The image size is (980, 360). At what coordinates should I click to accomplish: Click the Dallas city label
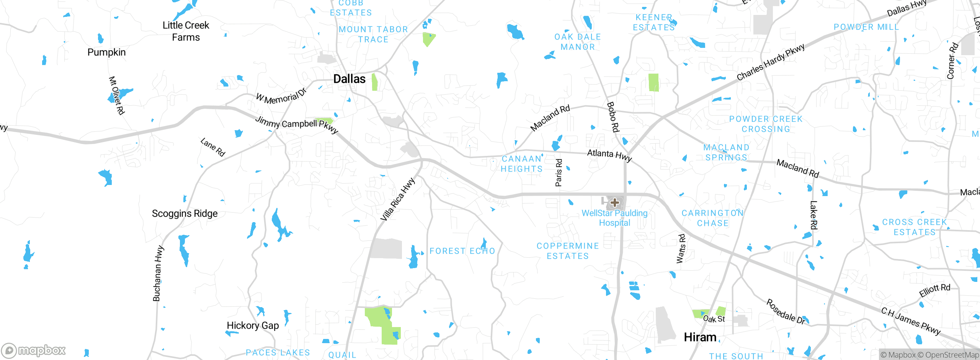point(349,79)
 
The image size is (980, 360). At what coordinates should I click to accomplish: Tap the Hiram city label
point(700,337)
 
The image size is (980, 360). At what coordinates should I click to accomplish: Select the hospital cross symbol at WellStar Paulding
point(615,203)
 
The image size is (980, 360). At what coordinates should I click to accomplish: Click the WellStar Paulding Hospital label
point(614,218)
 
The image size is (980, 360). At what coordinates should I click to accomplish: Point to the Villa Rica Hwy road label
point(397,200)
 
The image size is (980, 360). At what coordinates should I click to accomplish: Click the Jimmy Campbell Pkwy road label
point(297,124)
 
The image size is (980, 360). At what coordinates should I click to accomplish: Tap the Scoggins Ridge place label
point(185,213)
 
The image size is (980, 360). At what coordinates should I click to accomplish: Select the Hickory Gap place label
point(253,326)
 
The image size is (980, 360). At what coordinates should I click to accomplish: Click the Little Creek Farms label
point(186,31)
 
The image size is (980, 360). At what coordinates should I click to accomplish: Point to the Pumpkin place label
point(106,52)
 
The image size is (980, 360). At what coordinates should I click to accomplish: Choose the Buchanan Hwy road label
point(158,273)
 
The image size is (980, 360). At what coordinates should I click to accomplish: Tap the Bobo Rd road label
point(613,117)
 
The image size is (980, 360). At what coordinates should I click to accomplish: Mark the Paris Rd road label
point(559,173)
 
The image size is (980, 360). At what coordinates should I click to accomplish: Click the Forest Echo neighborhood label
point(462,251)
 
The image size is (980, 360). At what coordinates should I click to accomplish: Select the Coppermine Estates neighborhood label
point(568,251)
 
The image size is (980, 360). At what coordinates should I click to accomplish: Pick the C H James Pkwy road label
point(911,321)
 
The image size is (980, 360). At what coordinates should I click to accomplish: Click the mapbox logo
point(34,350)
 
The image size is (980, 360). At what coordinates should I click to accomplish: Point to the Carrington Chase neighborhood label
point(712,218)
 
